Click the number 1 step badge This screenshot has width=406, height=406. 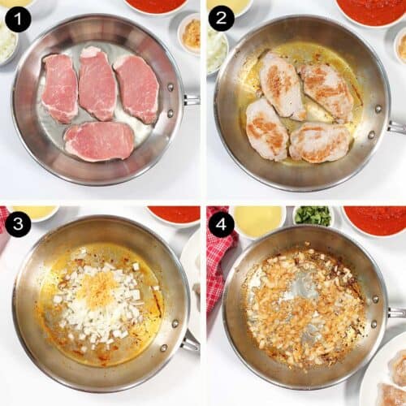pos(18,18)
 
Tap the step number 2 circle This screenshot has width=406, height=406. pos(221,18)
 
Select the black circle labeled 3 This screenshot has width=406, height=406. pos(18,223)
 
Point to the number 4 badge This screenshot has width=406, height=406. pos(221,223)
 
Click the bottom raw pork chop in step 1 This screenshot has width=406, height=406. pos(99,141)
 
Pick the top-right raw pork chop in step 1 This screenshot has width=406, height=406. pos(136,87)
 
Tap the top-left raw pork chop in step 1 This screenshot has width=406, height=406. pos(60,88)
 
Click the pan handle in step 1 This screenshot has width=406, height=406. pos(191,99)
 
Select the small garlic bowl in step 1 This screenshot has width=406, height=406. pos(189,32)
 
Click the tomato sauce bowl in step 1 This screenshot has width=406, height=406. pos(156,6)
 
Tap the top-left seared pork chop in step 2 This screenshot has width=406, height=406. pos(281,85)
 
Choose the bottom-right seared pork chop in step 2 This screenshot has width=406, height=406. pos(319,142)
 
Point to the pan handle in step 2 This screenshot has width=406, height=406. pos(395,127)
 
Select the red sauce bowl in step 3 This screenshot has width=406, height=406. pos(174,214)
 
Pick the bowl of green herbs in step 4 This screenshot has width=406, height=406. pos(313,215)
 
